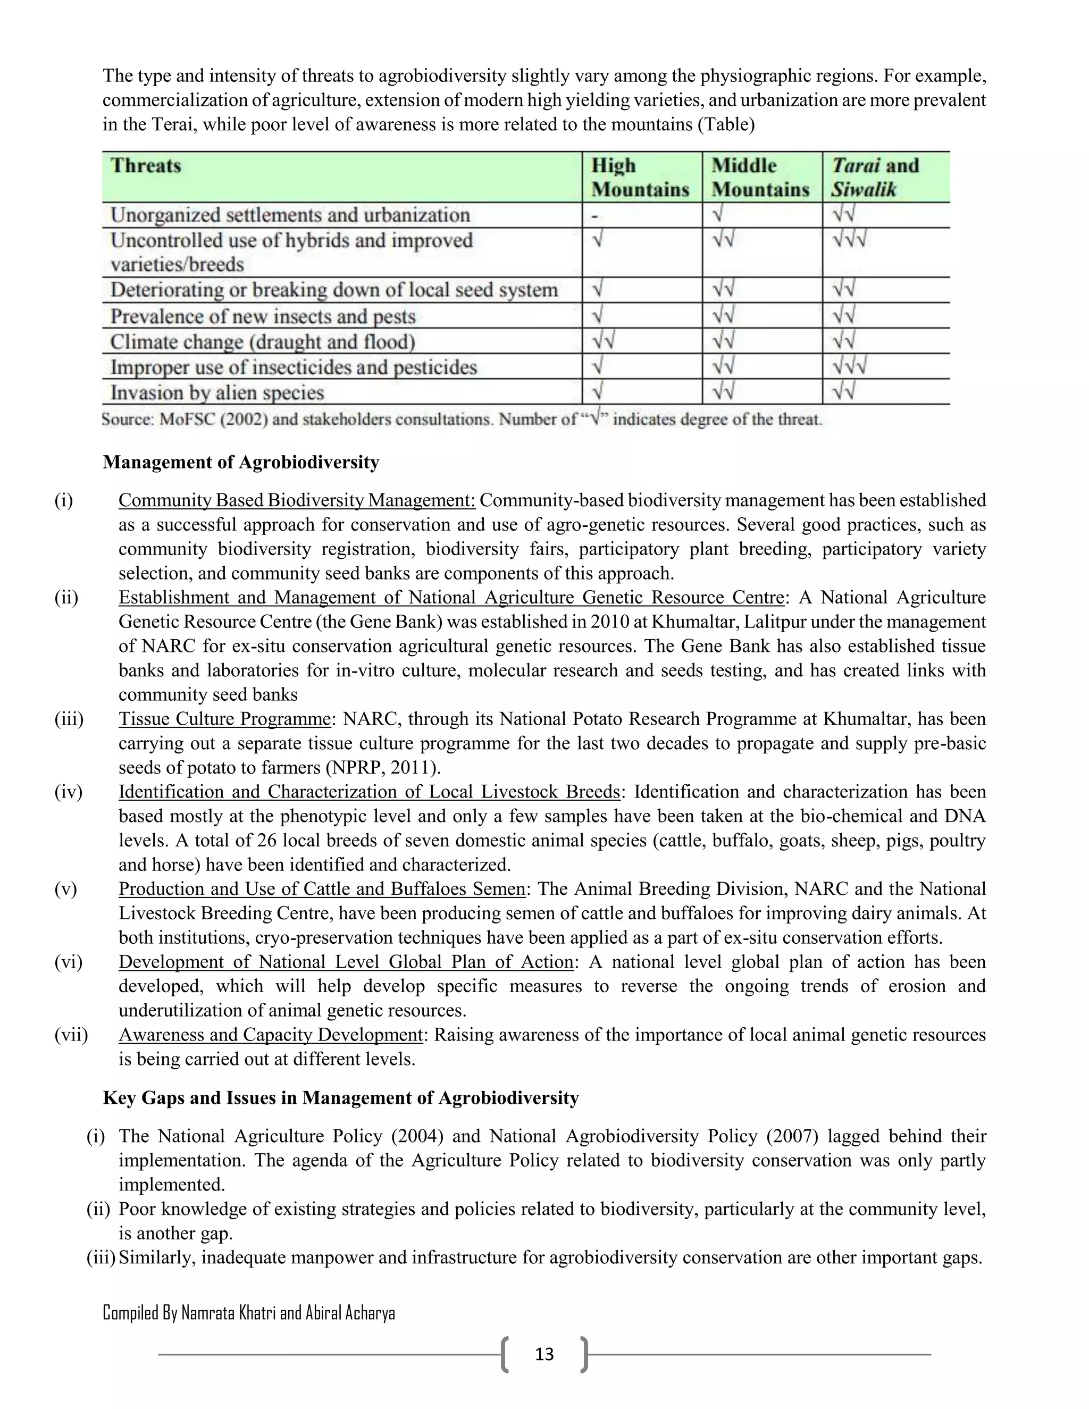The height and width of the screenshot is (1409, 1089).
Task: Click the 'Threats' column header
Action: pyautogui.click(x=146, y=166)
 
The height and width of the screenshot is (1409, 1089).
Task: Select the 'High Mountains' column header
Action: pyautogui.click(x=640, y=178)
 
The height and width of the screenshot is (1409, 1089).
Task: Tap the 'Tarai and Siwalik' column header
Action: pyautogui.click(x=875, y=178)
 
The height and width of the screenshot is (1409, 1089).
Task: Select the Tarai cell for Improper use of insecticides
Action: pyautogui.click(x=849, y=366)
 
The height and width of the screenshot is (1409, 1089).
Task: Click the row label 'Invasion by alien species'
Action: pyautogui.click(x=217, y=392)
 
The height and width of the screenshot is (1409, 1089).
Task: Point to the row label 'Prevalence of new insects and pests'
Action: pyautogui.click(x=263, y=316)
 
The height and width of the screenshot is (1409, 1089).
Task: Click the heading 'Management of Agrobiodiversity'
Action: pyautogui.click(x=241, y=462)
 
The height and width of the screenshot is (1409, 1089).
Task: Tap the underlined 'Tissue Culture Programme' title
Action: pyautogui.click(x=224, y=719)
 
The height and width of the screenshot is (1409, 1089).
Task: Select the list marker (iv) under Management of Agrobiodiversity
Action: pyautogui.click(x=69, y=792)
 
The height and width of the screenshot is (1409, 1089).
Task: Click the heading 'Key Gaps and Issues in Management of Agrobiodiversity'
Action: pyautogui.click(x=341, y=1097)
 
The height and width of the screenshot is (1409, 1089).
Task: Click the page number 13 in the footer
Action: pyautogui.click(x=544, y=1354)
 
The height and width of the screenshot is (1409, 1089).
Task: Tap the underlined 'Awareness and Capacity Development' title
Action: pyautogui.click(x=270, y=1034)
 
